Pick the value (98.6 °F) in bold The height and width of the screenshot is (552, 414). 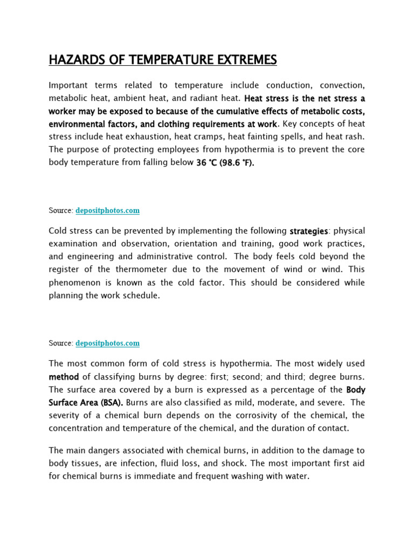point(237,162)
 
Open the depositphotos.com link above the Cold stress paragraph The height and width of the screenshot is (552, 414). point(107,210)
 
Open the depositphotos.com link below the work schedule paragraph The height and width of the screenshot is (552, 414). point(107,343)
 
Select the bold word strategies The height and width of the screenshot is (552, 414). point(309,231)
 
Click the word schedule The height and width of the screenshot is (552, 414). point(141,295)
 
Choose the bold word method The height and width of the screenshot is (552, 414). point(64,376)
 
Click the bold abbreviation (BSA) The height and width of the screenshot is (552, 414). point(108,402)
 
